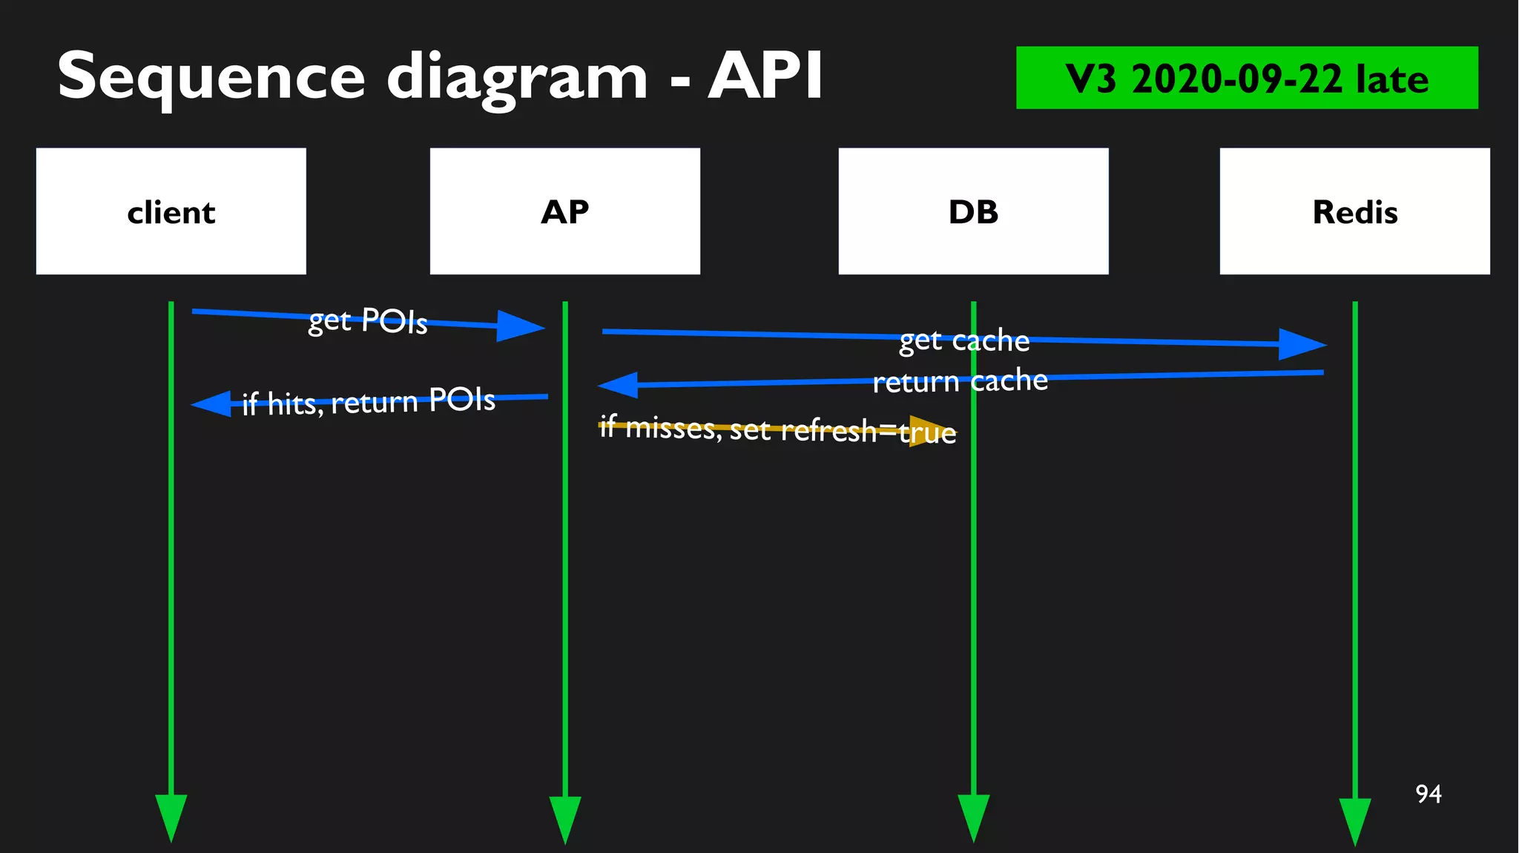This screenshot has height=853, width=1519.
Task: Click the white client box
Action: [171, 211]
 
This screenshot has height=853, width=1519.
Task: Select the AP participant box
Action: [564, 211]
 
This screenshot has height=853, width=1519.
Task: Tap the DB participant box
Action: [973, 211]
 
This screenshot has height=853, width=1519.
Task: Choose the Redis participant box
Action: [1354, 211]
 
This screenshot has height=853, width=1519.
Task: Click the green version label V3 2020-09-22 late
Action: [1246, 78]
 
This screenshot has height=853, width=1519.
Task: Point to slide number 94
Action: [1428, 794]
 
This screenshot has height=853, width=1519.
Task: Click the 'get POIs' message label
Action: [368, 320]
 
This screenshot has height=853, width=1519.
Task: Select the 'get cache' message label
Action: [964, 340]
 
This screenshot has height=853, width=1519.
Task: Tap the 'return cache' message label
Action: [960, 381]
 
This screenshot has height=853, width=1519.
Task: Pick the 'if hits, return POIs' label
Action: [369, 402]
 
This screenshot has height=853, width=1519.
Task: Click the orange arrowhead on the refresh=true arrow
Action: [929, 431]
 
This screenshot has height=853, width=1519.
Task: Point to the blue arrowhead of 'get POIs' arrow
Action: [519, 326]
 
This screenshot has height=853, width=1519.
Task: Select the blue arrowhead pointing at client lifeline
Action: [213, 404]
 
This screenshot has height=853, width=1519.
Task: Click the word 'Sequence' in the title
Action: [211, 77]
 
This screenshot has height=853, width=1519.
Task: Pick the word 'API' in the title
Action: [765, 76]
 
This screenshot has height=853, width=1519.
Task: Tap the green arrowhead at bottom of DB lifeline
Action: [973, 815]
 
